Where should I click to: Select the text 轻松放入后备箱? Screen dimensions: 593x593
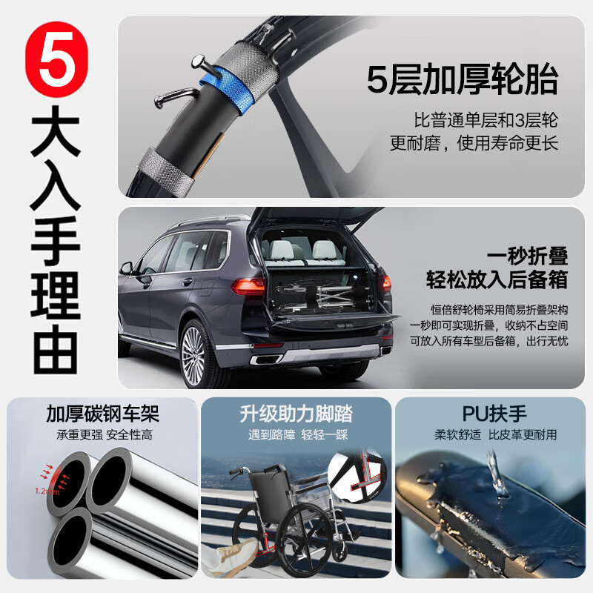click(x=497, y=280)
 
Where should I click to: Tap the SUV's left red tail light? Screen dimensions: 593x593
click(x=248, y=285)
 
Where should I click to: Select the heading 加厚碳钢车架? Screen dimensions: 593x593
click(x=103, y=413)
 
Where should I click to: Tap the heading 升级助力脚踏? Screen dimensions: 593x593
click(x=296, y=413)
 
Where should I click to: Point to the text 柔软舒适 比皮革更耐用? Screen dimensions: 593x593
click(x=495, y=434)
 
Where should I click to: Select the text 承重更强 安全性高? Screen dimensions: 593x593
click(x=103, y=434)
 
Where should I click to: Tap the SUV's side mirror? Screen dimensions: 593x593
click(x=127, y=267)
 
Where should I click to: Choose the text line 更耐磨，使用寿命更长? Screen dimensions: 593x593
click(x=474, y=143)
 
